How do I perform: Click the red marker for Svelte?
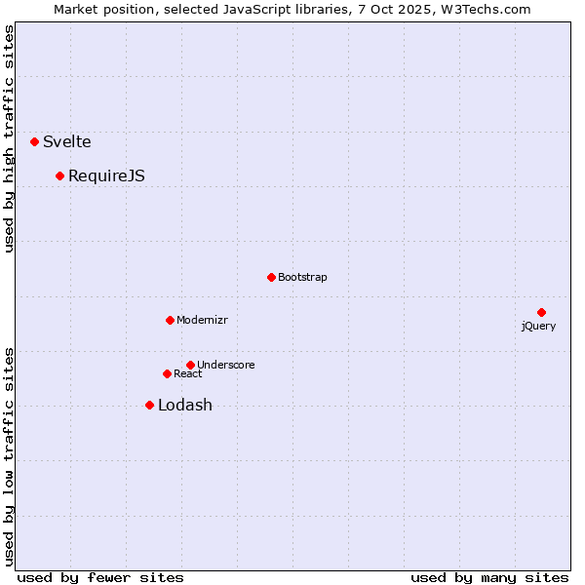pos(34,141)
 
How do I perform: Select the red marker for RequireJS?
pos(59,175)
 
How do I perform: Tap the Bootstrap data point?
pos(271,277)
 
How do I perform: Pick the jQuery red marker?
pos(541,312)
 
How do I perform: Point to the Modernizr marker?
pos(170,320)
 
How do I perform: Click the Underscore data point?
pos(190,365)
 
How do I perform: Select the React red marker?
pos(167,373)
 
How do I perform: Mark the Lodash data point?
pos(149,405)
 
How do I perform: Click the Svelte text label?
pos(67,141)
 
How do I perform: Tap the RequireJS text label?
pos(106,175)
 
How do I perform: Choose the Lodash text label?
pos(185,406)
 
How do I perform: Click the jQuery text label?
pos(538,326)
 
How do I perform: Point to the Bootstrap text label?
pos(302,277)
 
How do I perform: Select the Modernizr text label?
pos(202,320)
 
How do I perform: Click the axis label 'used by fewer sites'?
pos(100,577)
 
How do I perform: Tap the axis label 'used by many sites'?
pos(489,577)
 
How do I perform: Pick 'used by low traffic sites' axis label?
pos(10,455)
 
